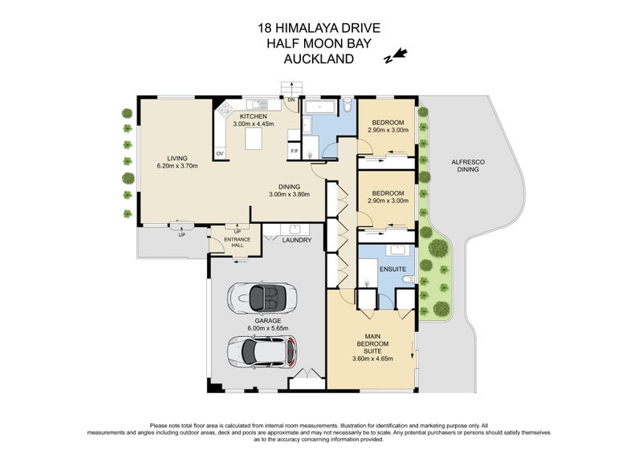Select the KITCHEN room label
click(x=253, y=116)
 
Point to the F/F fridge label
click(x=294, y=152)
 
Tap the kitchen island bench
click(x=254, y=141)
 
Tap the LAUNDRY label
click(x=296, y=239)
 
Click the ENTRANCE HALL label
click(x=237, y=242)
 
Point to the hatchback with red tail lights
click(x=262, y=350)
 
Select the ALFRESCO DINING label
click(x=466, y=166)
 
